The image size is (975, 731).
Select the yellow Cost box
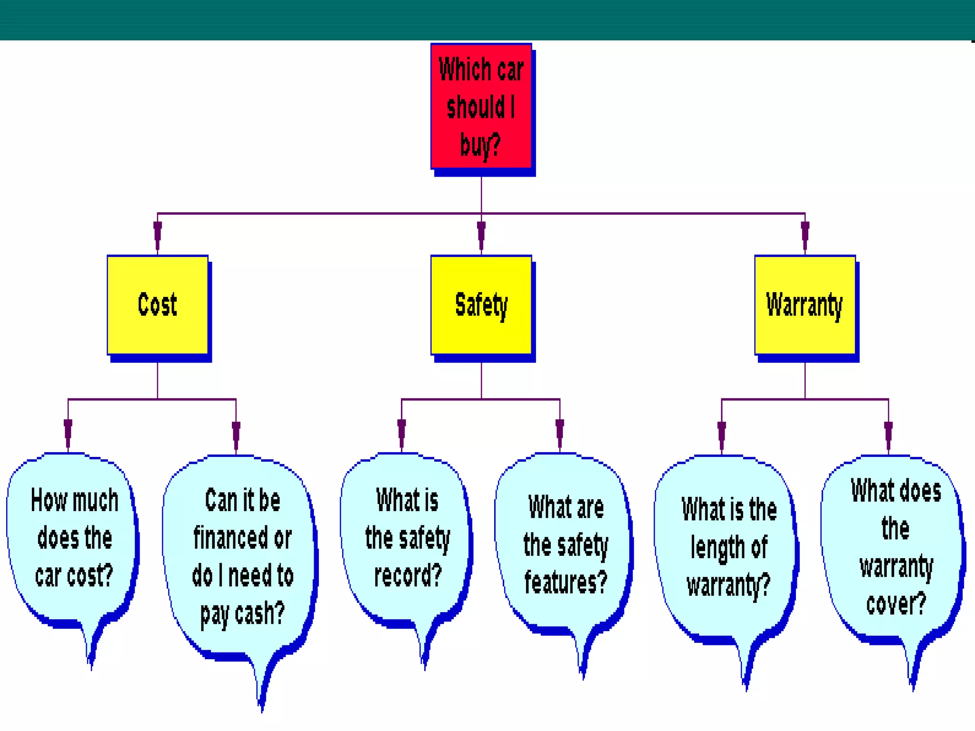tap(158, 305)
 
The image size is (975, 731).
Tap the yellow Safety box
tap(481, 305)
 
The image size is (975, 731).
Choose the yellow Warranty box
tap(805, 305)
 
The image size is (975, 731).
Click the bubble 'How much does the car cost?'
tap(74, 538)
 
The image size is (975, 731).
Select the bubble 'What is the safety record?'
tap(408, 538)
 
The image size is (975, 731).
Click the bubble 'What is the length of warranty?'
tap(728, 547)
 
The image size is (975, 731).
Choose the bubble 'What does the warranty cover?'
tap(895, 547)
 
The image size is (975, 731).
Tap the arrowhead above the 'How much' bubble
tap(68, 432)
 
